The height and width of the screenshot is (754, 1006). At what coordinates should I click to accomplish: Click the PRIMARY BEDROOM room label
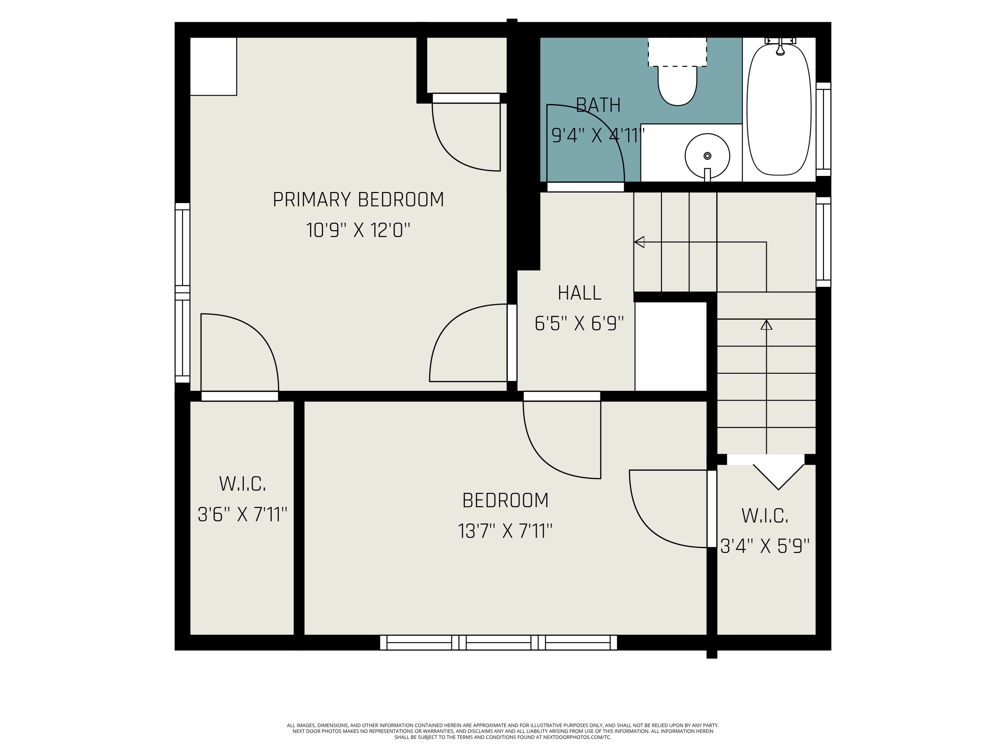(x=358, y=200)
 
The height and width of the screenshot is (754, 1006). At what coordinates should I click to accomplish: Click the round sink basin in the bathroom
(x=707, y=156)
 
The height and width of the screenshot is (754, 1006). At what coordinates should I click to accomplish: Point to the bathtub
(x=779, y=109)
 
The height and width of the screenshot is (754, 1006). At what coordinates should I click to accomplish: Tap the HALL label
(x=579, y=293)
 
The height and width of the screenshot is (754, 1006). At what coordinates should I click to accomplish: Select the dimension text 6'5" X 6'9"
(x=579, y=324)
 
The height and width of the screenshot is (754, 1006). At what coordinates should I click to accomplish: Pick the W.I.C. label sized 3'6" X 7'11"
(x=242, y=484)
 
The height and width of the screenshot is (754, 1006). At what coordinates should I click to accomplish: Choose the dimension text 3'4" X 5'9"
(x=765, y=546)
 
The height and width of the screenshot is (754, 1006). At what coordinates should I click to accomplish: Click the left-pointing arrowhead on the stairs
(x=639, y=242)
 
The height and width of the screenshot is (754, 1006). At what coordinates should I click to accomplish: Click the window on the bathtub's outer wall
(x=823, y=129)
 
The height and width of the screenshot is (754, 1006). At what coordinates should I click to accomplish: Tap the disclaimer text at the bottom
(x=503, y=731)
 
